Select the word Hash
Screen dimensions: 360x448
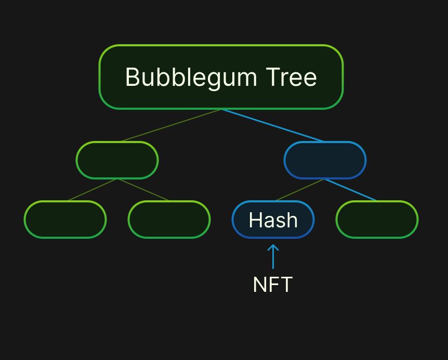pyautogui.click(x=273, y=220)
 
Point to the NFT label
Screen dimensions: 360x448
pyautogui.click(x=272, y=285)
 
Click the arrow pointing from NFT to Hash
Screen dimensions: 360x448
pyautogui.click(x=273, y=256)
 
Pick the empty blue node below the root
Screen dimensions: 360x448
pyautogui.click(x=325, y=160)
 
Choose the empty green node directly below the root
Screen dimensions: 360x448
pyautogui.click(x=117, y=160)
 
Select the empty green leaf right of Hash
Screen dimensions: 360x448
pyautogui.click(x=377, y=220)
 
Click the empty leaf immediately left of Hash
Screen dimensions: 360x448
pyautogui.click(x=169, y=220)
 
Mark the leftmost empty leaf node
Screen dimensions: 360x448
pyautogui.click(x=65, y=220)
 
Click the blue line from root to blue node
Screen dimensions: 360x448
pyautogui.click(x=273, y=125)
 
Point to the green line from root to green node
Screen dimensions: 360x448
pyautogui.click(x=171, y=125)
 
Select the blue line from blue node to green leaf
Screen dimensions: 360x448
pyautogui.click(x=351, y=190)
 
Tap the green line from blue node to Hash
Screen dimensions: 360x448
pyautogui.click(x=300, y=190)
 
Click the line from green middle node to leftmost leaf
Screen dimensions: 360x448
pyautogui.click(x=92, y=190)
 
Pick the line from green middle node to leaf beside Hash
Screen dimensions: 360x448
pyautogui.click(x=143, y=190)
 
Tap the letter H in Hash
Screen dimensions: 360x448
pyautogui.click(x=254, y=220)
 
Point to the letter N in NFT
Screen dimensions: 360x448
pyautogui.click(x=259, y=285)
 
